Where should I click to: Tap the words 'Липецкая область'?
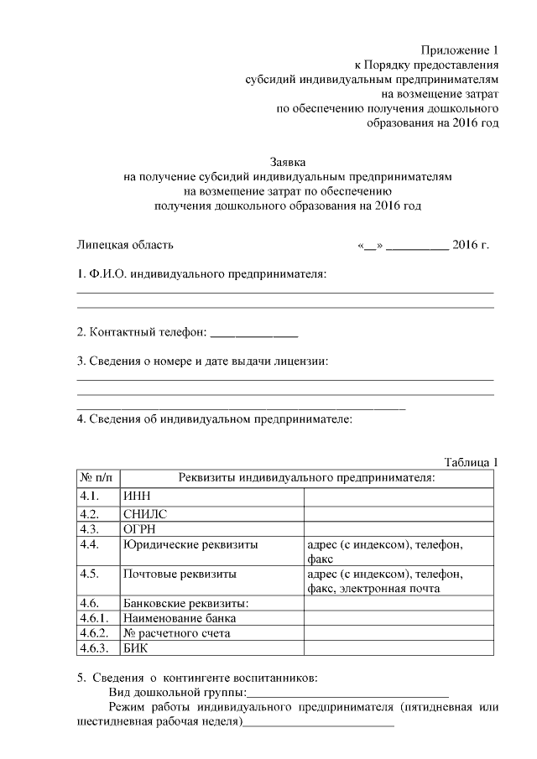point(125,245)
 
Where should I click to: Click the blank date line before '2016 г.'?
point(417,246)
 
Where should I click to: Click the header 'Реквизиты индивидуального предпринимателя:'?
point(306,477)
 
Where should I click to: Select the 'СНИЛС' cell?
point(144,513)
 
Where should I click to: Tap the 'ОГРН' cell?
point(140,529)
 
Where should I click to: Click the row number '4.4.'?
point(90,545)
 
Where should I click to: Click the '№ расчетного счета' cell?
point(176,633)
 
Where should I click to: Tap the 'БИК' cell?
point(136,648)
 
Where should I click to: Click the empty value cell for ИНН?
point(399,496)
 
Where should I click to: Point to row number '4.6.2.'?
point(94,633)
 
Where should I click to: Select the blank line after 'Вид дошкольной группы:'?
point(347,693)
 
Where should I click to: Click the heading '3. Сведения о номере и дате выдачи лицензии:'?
point(202,361)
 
